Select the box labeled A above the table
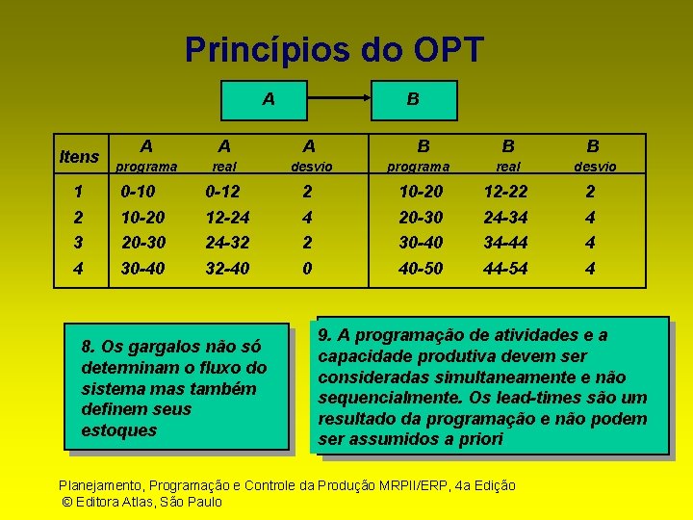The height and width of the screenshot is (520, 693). pyautogui.click(x=269, y=98)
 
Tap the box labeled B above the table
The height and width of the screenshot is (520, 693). pyautogui.click(x=413, y=98)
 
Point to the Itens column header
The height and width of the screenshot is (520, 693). pyautogui.click(x=79, y=156)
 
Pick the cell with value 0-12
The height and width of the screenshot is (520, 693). pyautogui.click(x=224, y=191)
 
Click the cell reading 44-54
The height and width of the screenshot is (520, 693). pyautogui.click(x=506, y=269)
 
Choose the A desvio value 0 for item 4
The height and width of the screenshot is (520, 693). pyautogui.click(x=307, y=269)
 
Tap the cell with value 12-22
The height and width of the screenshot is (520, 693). pyautogui.click(x=506, y=191)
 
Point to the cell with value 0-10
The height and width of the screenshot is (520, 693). pyautogui.click(x=139, y=191)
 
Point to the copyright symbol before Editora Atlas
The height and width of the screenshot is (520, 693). pyautogui.click(x=66, y=502)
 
